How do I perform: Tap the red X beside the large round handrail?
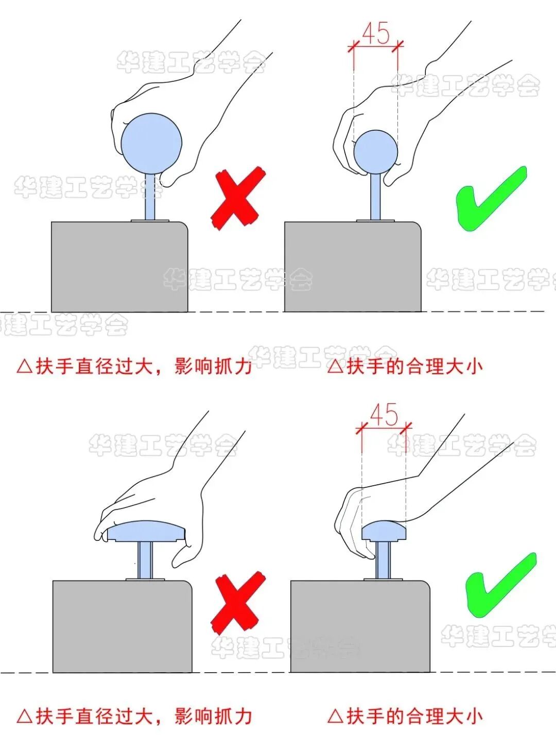click(237, 198)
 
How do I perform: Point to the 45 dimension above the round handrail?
click(376, 35)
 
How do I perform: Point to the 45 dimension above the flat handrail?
click(384, 415)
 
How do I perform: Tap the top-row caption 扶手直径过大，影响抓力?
click(135, 366)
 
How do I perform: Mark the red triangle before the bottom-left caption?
click(24, 716)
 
